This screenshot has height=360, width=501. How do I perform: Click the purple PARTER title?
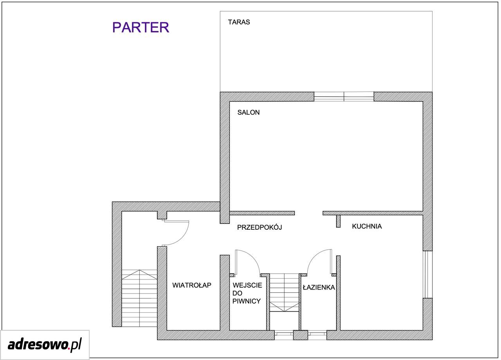coord(141,27)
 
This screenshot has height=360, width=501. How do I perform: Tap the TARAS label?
coord(239,22)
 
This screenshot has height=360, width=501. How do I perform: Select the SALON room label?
coord(249,112)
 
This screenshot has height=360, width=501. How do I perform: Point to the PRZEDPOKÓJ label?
coord(260,227)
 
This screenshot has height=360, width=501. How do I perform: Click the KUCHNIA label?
coord(367,226)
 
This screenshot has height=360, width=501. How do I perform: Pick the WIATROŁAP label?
coord(192,285)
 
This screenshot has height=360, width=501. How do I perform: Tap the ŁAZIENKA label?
coord(319,287)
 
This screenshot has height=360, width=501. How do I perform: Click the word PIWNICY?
coord(247,301)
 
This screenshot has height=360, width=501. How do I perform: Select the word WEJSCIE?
coord(247,285)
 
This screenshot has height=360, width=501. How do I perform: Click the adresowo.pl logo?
coord(45,345)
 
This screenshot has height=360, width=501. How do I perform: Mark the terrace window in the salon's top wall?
coord(344,97)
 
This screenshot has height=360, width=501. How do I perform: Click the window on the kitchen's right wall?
coord(427,274)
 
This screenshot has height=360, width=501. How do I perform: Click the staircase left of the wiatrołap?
coord(139,298)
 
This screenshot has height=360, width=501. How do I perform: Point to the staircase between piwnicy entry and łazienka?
coord(284,292)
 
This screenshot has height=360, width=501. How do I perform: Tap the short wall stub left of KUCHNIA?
coord(339,221)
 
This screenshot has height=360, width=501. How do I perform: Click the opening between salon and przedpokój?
coord(309,213)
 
